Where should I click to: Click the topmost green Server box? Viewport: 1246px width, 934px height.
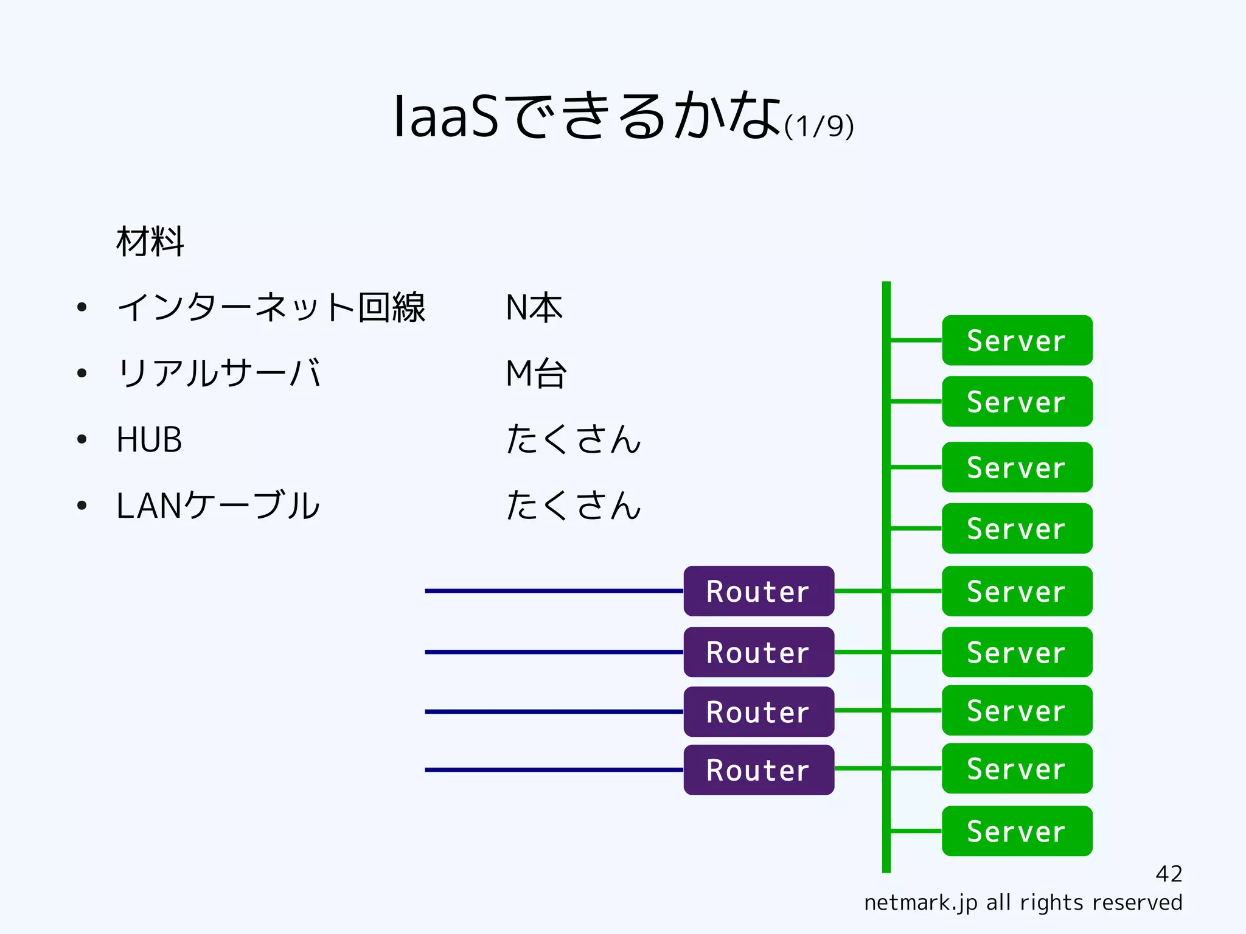pos(1017,340)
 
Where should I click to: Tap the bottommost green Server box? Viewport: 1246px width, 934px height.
pos(1017,831)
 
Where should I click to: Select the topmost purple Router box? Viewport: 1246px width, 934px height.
pos(758,591)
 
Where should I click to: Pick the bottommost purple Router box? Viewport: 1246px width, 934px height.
pos(758,770)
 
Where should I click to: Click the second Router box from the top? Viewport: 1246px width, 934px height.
pos(758,652)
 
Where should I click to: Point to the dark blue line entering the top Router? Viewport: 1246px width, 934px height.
pos(554,591)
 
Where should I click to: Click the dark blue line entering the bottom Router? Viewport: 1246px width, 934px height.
pos(554,770)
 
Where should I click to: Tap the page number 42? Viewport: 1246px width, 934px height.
pos(1169,874)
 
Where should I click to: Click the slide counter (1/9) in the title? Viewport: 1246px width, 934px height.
pos(819,127)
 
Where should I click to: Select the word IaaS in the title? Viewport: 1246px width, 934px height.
pos(446,117)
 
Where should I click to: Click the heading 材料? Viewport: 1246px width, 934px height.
pos(150,242)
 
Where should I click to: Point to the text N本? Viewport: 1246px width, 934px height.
pos(534,307)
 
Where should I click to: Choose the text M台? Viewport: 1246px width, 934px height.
pos(536,373)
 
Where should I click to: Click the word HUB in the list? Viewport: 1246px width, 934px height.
pos(149,439)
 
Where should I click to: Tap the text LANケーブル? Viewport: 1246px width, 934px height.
pos(217,506)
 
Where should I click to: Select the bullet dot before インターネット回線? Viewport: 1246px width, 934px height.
pos(82,307)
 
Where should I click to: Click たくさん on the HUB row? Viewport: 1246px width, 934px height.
pos(573,439)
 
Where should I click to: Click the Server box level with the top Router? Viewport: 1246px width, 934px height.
pos(1017,591)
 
